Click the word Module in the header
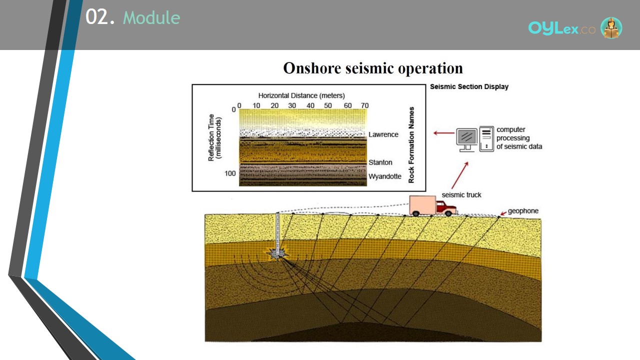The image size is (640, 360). pos(151,17)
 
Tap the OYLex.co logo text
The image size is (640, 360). pos(561,28)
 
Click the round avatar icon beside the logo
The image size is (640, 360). pos(611,27)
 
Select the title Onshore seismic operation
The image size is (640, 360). pos(373,68)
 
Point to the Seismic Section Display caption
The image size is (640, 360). pos(469,86)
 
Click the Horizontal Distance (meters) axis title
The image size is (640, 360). pos(301,95)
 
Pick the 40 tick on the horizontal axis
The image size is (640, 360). pos(310,105)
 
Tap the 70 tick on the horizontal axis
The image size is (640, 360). pos(364,105)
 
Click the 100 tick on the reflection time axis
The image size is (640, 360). pos(230,173)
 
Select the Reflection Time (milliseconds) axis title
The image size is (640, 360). pos(214,137)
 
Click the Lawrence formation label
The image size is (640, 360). pos(383,134)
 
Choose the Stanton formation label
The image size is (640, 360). pos(380,162)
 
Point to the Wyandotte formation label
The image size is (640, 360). pos(385,176)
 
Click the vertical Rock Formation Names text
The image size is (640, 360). pos(411,145)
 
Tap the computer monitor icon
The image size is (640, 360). pos(466,139)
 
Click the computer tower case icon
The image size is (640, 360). pos(486,139)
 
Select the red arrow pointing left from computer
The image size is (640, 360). pos(443,133)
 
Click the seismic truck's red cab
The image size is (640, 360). pos(445,207)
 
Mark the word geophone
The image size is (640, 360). pos(523,211)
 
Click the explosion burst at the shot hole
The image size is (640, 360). pos(276,253)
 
